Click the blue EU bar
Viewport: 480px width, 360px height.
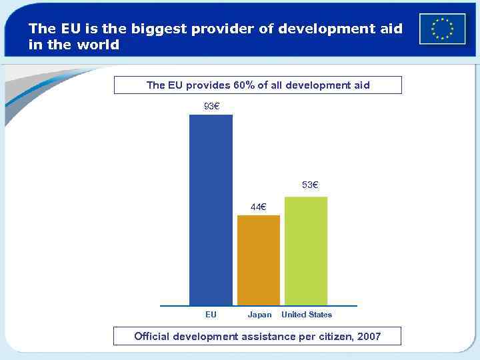tap(211, 210)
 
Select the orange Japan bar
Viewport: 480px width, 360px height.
tap(259, 260)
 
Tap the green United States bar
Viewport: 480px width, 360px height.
tap(306, 251)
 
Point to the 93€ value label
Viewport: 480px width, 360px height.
tap(212, 105)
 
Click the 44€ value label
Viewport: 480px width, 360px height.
tap(258, 206)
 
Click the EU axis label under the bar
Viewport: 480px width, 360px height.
tap(211, 315)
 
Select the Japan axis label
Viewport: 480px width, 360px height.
tap(259, 315)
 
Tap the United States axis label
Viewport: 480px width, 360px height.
tap(306, 315)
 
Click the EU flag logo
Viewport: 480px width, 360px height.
tap(442, 29)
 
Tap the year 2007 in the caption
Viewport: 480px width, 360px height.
tap(369, 336)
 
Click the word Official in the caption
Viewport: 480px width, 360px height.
tap(152, 336)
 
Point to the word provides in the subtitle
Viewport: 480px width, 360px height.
tap(208, 85)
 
